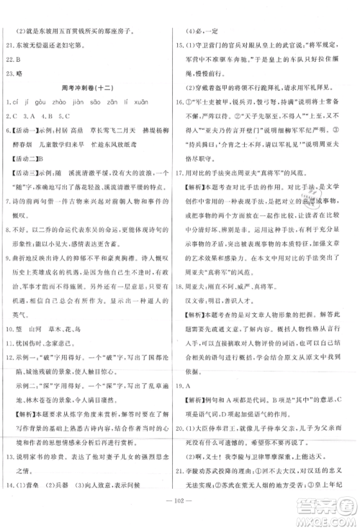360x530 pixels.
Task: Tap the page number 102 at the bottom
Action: click(180, 503)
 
